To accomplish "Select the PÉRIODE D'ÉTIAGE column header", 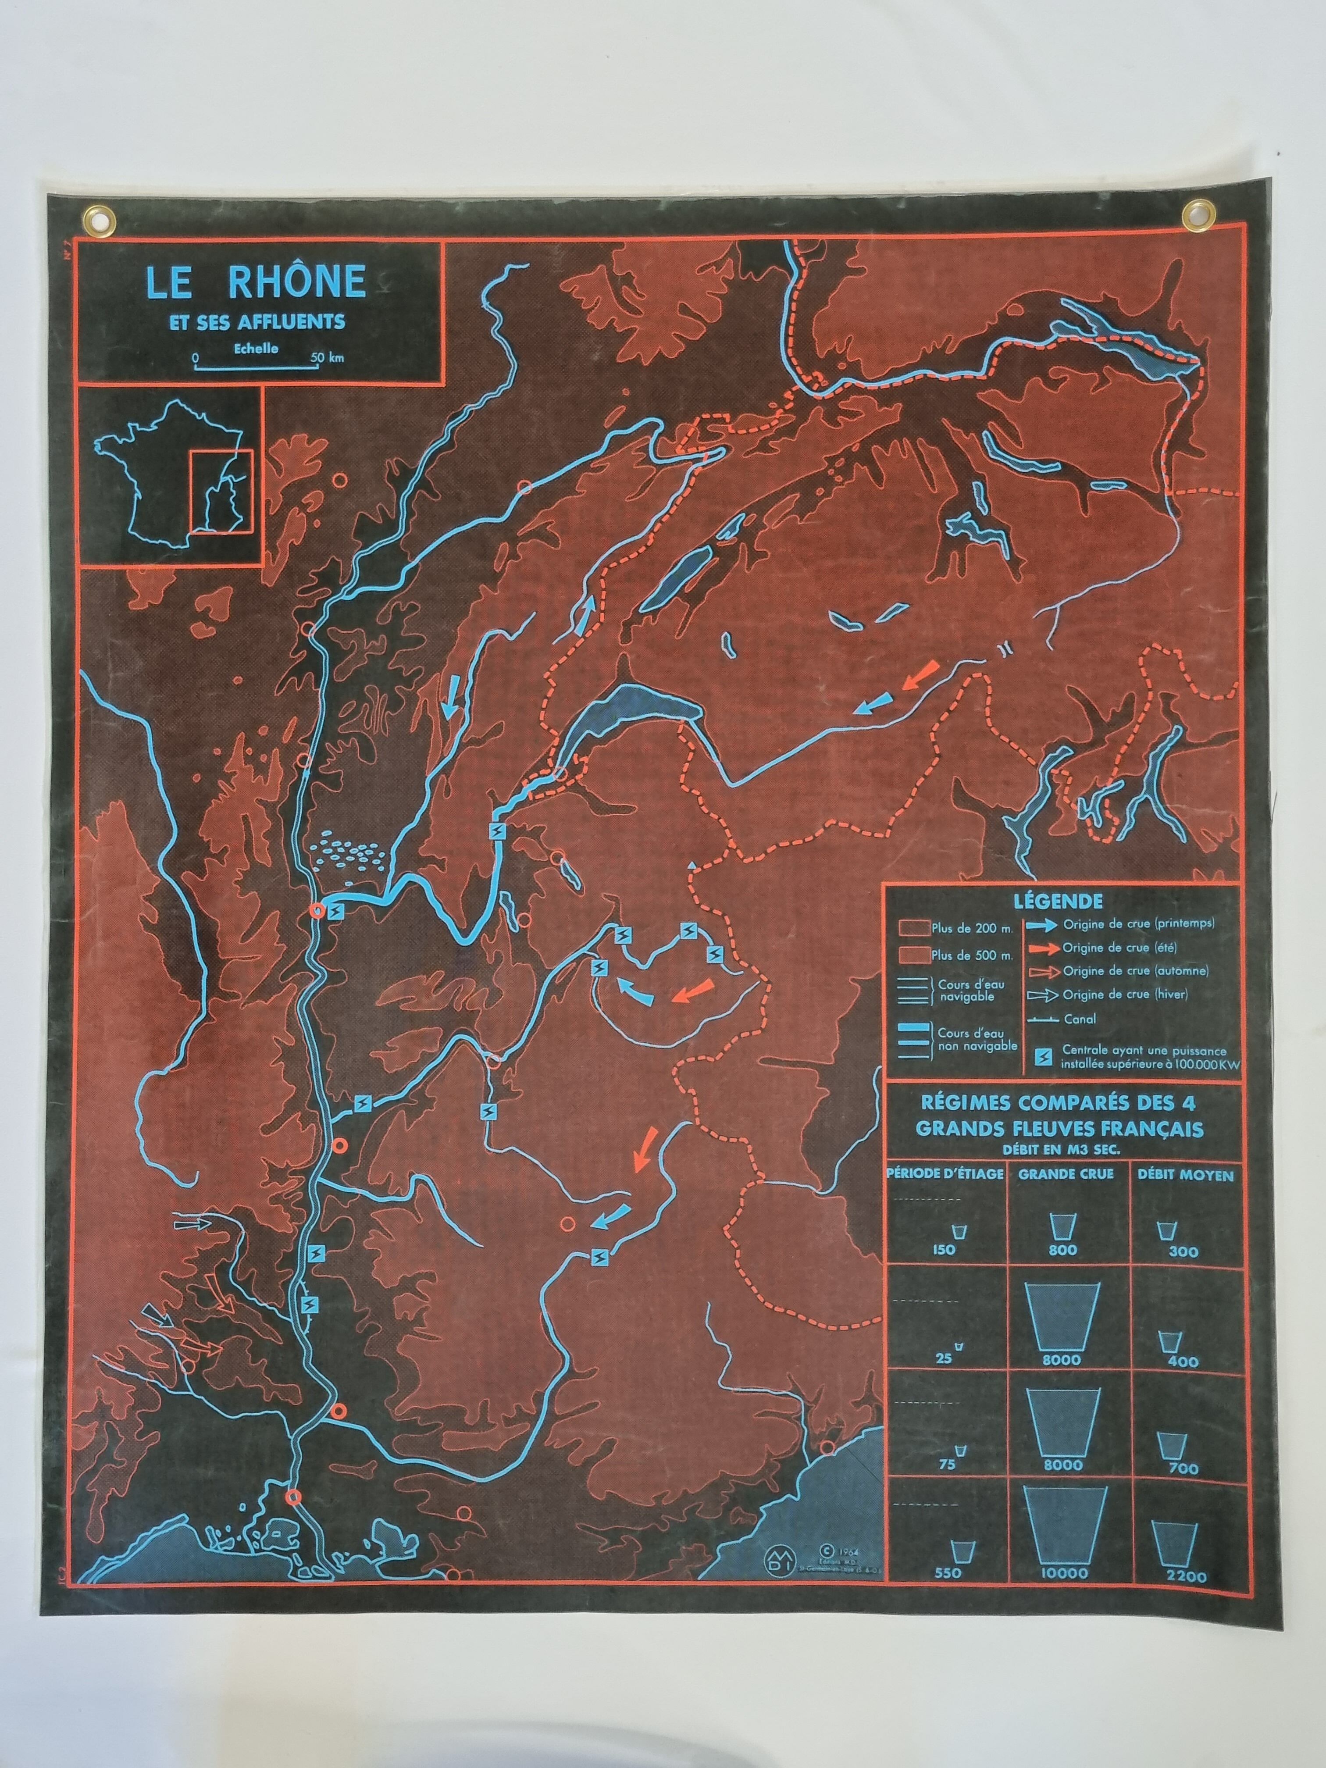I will coord(945,1175).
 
